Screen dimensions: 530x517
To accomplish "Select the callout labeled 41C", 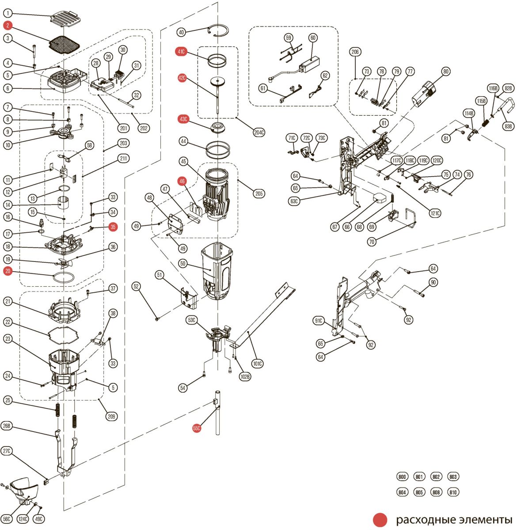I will [x=182, y=52].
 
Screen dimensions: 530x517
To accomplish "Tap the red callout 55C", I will [x=197, y=428].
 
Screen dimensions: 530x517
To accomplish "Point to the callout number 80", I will [x=445, y=72].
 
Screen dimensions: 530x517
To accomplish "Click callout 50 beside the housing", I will [x=182, y=264].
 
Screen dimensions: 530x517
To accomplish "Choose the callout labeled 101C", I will [x=257, y=364].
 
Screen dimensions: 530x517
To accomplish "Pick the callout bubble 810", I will [x=453, y=492].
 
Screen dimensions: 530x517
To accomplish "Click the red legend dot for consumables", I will [x=380, y=519].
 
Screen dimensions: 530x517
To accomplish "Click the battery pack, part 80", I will [x=425, y=93].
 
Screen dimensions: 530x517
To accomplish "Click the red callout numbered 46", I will [x=182, y=181].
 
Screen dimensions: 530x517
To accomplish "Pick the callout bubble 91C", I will [x=319, y=321].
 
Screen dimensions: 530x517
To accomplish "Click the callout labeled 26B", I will [x=7, y=426].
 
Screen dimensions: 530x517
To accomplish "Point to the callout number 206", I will [x=356, y=52].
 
